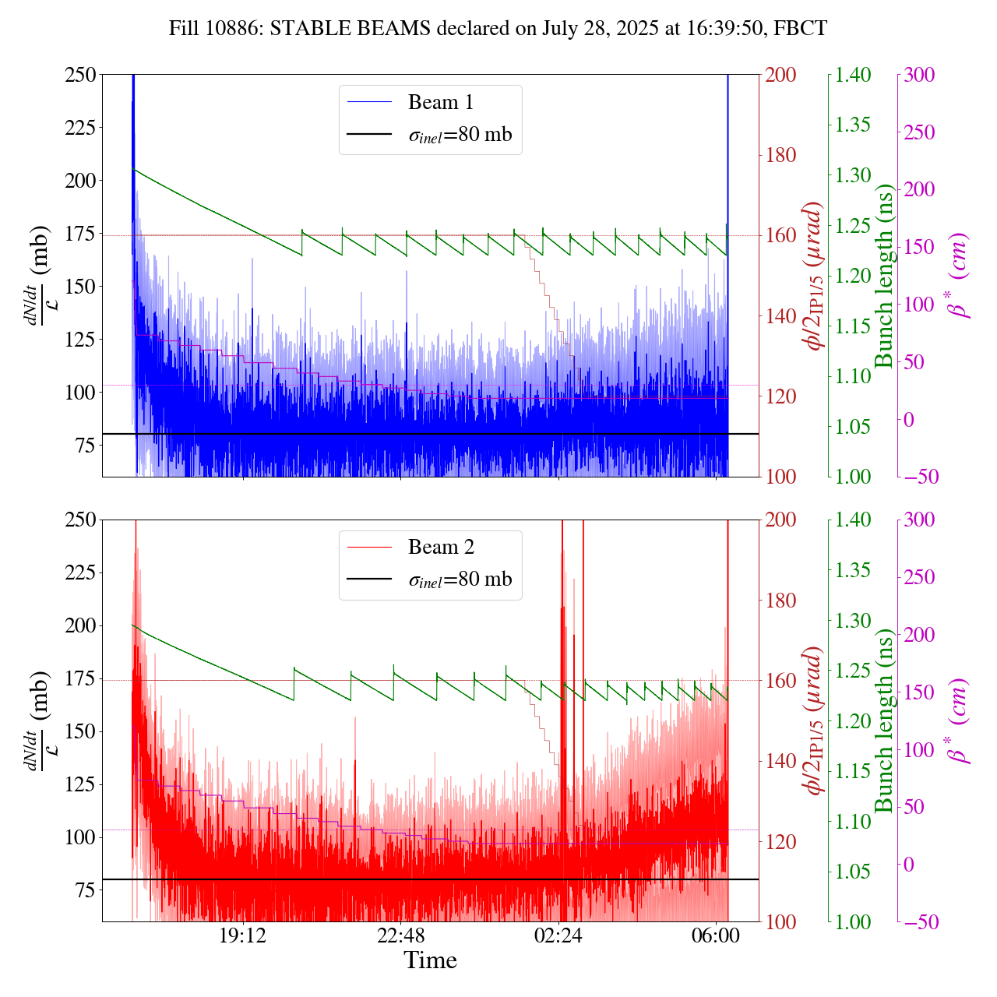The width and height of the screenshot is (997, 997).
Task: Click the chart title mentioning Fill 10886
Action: [498, 29]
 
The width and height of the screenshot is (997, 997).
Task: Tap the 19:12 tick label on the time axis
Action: [243, 935]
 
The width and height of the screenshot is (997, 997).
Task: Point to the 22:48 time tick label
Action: [400, 935]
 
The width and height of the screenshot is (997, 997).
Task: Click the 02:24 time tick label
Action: [558, 935]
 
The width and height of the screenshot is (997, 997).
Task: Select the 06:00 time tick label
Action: [716, 935]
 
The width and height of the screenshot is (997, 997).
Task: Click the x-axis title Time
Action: [430, 960]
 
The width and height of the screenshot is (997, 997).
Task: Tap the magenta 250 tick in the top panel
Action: [919, 132]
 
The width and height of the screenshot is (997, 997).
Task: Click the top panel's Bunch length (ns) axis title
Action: [884, 276]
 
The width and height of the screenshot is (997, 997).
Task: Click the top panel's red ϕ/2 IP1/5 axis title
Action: [813, 276]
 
